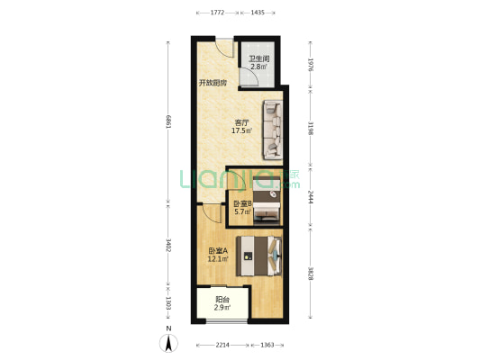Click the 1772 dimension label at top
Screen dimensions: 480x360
(x=218, y=13)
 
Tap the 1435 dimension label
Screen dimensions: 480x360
(x=258, y=13)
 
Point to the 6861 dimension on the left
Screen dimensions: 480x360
(x=168, y=122)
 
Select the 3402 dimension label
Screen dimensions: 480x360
(x=168, y=245)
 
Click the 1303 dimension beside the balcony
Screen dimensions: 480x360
(x=168, y=302)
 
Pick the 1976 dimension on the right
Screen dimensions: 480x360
(x=311, y=65)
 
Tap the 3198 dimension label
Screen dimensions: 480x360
(x=311, y=128)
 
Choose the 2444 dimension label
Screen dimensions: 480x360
(x=311, y=197)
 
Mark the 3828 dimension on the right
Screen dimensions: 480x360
(x=311, y=274)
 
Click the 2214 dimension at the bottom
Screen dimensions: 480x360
(x=222, y=345)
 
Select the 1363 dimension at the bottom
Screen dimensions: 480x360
(x=267, y=345)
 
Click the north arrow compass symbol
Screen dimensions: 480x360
(x=168, y=343)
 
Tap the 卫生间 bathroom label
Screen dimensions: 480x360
(x=258, y=58)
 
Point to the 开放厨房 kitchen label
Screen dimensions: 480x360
(x=213, y=83)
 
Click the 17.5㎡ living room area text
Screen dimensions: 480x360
(x=242, y=130)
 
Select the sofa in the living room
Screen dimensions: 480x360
(x=273, y=130)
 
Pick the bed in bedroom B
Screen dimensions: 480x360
(x=267, y=201)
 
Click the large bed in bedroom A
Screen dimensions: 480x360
(x=258, y=256)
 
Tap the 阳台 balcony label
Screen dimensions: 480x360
(x=222, y=300)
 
